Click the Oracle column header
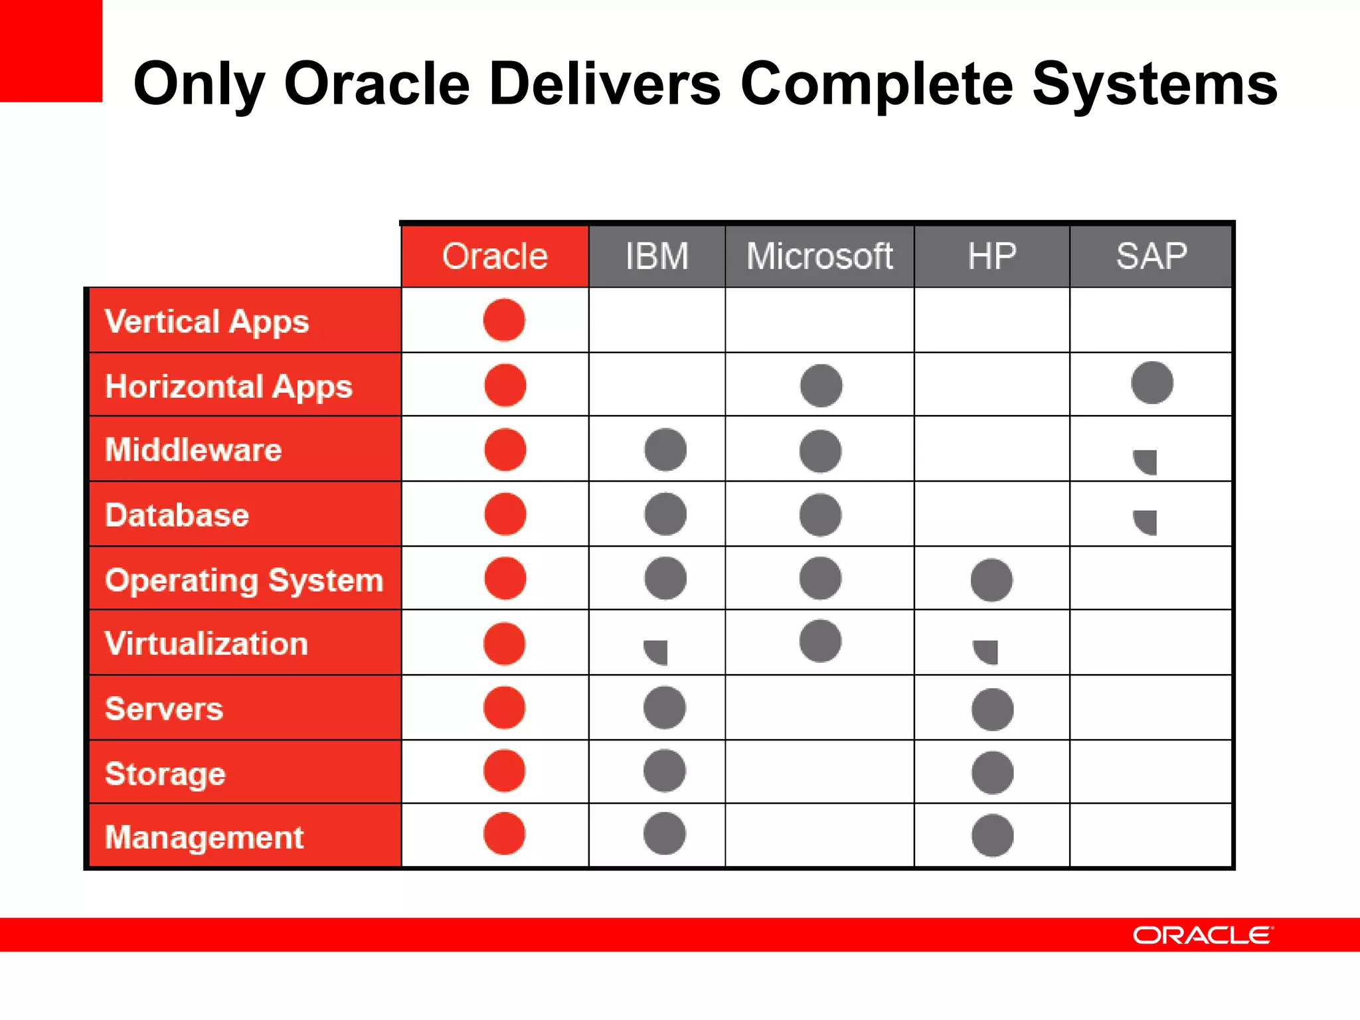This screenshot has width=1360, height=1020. pyautogui.click(x=495, y=256)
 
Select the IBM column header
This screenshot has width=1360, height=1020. pyautogui.click(x=657, y=256)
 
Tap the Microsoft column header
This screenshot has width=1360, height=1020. pyautogui.click(x=819, y=256)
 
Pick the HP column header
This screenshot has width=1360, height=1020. pyautogui.click(x=991, y=256)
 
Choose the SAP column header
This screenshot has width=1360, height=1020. pyautogui.click(x=1151, y=256)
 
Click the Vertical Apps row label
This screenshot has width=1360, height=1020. pyautogui.click(x=207, y=321)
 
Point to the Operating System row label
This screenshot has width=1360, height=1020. pyautogui.click(x=244, y=580)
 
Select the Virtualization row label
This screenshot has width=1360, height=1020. pyautogui.click(x=207, y=643)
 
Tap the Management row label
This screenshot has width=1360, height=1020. pyautogui.click(x=204, y=837)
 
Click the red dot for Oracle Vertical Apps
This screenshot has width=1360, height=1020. pyautogui.click(x=504, y=320)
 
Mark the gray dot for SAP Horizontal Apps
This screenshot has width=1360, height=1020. pyautogui.click(x=1152, y=382)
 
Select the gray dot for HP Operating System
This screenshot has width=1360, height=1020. pyautogui.click(x=991, y=580)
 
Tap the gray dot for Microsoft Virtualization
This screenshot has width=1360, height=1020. pyautogui.click(x=821, y=641)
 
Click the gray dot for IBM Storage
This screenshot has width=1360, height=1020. pyautogui.click(x=665, y=770)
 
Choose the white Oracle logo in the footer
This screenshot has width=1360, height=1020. pyautogui.click(x=1203, y=935)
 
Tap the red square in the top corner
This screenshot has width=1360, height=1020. pyautogui.click(x=50, y=50)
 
